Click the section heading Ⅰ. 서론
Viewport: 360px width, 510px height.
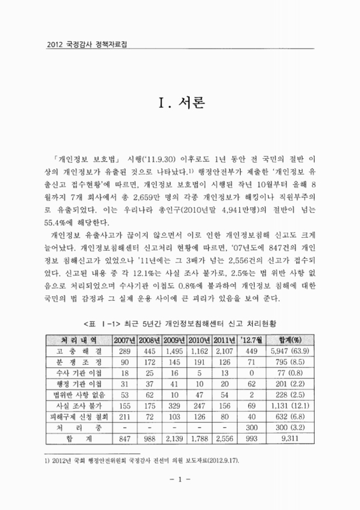tap(180, 102)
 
